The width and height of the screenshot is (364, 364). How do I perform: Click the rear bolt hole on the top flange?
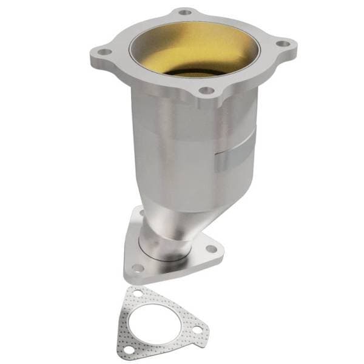click(185, 12)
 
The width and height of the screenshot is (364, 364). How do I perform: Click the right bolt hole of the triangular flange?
click(211, 248)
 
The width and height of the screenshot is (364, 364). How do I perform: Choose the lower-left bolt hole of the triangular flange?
click(138, 268)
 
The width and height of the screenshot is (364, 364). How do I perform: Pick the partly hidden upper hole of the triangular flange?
click(140, 214)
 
